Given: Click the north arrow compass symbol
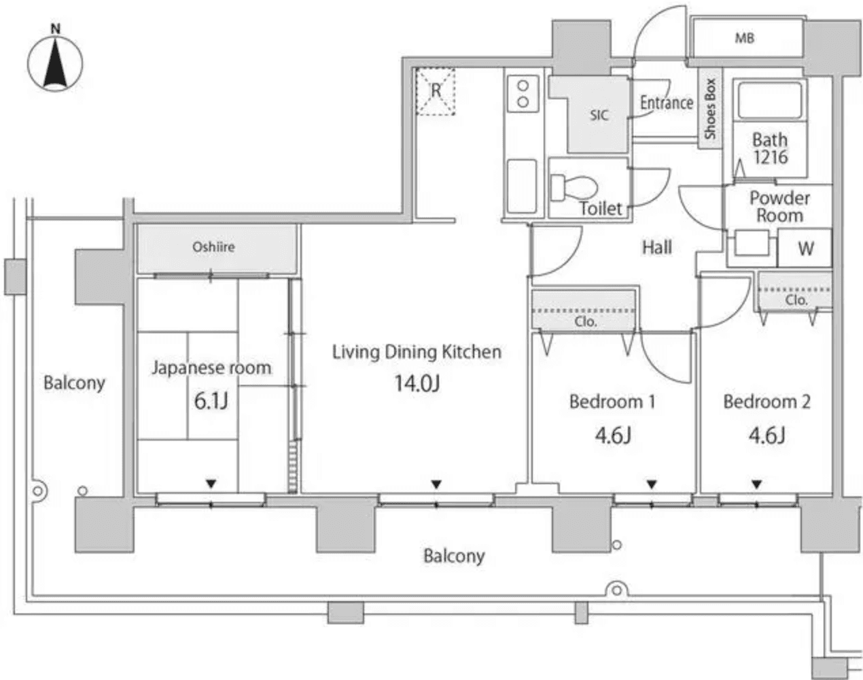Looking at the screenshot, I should point(55,63).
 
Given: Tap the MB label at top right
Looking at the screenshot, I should point(744,39).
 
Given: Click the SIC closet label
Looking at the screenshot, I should point(599,116).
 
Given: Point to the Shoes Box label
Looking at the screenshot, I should point(710,109).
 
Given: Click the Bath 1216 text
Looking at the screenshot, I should point(770,148).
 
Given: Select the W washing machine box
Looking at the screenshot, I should point(805,248).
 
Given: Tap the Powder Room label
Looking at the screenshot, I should point(779,207).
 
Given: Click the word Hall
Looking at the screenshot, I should point(656,248).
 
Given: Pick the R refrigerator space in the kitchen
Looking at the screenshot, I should point(436,91).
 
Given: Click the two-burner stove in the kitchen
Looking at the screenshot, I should point(523,94).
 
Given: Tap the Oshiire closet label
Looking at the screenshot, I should point(213,248).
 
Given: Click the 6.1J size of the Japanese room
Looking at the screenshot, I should point(211,401).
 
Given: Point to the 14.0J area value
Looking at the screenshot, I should point(417,384).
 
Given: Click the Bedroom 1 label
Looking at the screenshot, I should point(612,402).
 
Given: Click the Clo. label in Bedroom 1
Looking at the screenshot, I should point(585,322).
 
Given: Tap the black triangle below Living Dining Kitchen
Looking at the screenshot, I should point(436,484).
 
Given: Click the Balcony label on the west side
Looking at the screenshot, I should point(74,383).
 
